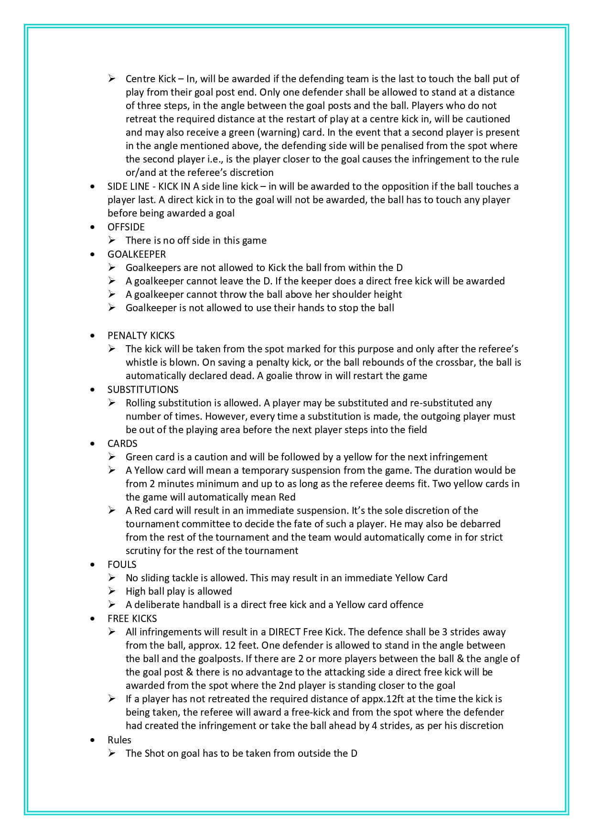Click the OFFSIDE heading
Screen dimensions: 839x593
126,227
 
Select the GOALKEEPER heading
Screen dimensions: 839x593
136,254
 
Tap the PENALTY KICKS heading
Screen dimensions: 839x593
141,336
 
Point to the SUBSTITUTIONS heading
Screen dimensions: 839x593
143,390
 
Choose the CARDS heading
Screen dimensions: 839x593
122,444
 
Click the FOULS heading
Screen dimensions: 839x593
122,565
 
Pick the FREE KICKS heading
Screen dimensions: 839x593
132,619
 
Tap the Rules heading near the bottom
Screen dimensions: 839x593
119,740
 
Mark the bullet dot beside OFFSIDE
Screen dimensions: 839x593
93,228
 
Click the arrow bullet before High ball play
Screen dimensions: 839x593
112,591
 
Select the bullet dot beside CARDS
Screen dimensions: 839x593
93,444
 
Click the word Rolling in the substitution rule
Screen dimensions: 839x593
140,403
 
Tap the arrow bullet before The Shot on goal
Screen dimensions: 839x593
112,753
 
